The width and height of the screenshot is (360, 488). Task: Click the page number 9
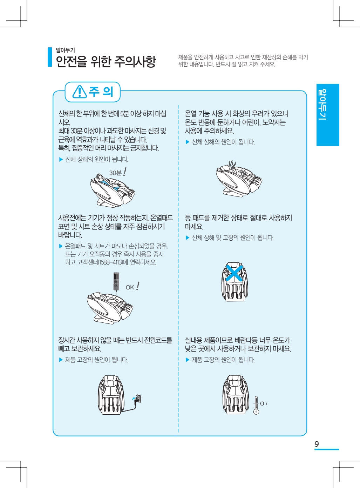click(317, 444)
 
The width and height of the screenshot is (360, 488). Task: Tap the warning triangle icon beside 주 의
click(80, 92)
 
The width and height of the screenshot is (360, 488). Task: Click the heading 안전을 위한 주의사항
click(106, 61)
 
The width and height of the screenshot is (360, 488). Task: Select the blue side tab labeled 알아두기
click(328, 115)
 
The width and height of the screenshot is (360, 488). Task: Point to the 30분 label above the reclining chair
click(115, 173)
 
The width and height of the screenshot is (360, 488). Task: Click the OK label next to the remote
click(130, 287)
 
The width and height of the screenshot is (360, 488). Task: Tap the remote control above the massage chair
click(116, 281)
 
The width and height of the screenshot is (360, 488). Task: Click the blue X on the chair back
click(235, 273)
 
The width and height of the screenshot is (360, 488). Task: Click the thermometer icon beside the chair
click(256, 405)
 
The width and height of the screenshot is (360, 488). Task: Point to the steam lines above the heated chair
click(232, 164)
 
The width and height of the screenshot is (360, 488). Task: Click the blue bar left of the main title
click(50, 57)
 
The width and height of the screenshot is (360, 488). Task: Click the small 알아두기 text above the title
click(65, 50)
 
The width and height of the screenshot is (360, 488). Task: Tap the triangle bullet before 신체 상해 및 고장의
click(188, 238)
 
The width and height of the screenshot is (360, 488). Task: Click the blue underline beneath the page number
click(327, 449)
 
